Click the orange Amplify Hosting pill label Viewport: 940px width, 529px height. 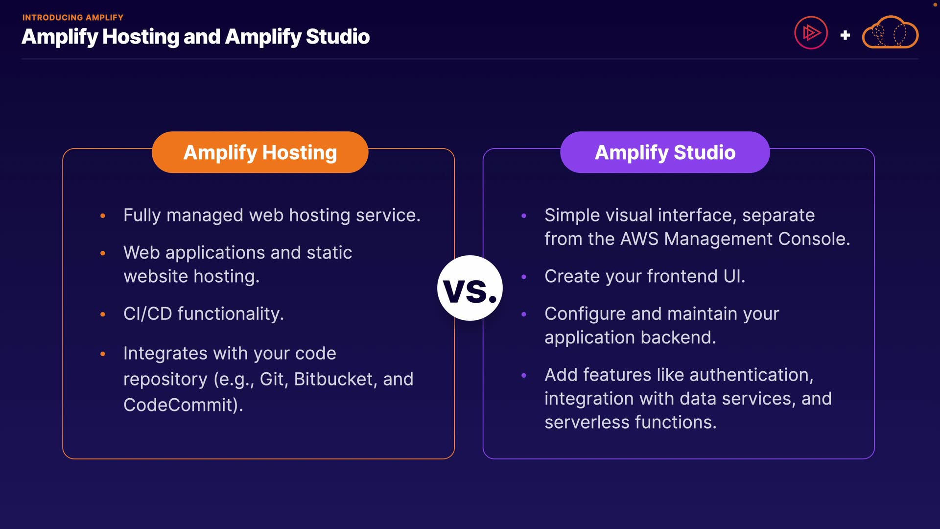[x=260, y=152]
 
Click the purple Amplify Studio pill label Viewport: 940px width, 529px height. [x=665, y=152]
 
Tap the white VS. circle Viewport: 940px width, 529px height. [x=470, y=288]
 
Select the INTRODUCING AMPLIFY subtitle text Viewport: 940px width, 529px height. [x=73, y=18]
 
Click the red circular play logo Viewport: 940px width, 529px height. [x=811, y=33]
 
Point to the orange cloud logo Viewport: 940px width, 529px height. [x=890, y=33]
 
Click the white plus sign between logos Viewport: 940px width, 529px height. [x=845, y=35]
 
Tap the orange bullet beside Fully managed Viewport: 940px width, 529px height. [x=103, y=216]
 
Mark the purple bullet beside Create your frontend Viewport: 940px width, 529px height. [x=524, y=277]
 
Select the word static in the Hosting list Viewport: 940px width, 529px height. [x=329, y=253]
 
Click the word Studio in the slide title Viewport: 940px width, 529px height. [x=337, y=37]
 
